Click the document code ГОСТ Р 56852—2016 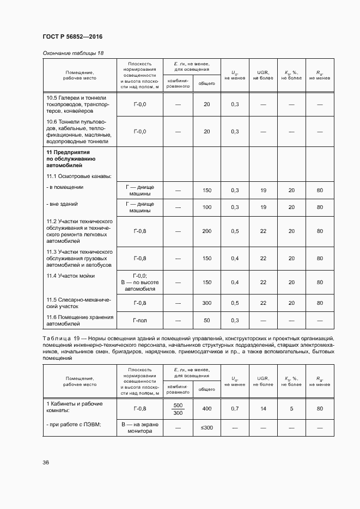point(72,36)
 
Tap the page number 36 point(46,462)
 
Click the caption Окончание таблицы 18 point(72,53)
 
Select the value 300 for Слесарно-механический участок point(206,303)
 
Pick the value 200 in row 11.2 point(206,231)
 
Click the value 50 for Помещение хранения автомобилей point(206,321)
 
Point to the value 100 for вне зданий point(206,207)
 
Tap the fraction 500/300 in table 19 point(178,409)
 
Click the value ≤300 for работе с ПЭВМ point(206,428)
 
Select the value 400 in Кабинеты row point(206,408)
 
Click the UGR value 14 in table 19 point(263,408)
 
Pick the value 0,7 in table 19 point(235,408)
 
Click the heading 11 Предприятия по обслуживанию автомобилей point(71,158)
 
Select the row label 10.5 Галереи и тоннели point(78,103)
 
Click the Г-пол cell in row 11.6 point(140,321)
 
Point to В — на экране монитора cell point(140,428)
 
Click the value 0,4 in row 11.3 point(235,258)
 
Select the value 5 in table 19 point(291,408)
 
